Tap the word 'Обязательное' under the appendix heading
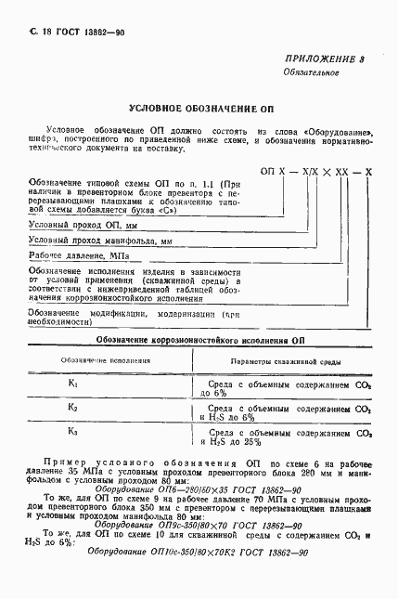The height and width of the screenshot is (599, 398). point(311,72)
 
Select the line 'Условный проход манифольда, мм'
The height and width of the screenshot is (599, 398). point(101,241)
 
